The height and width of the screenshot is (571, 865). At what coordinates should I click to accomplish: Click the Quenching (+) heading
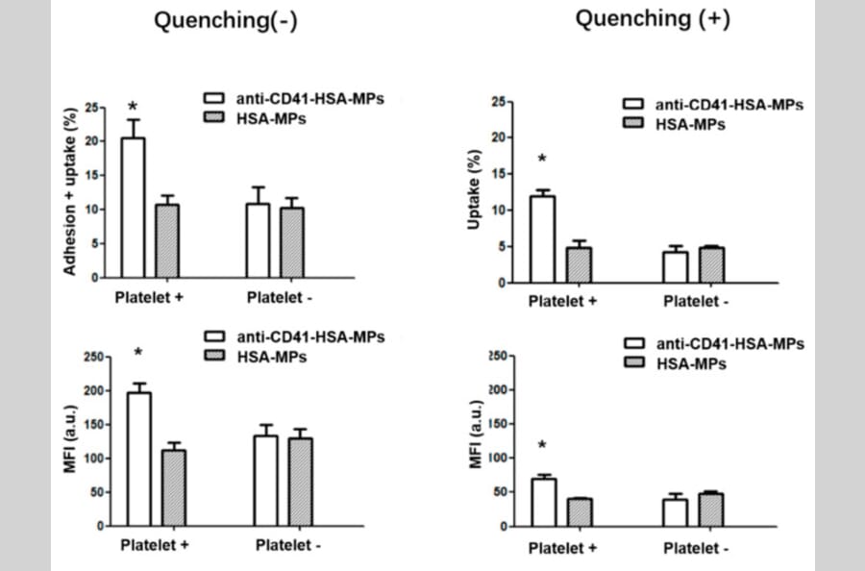click(x=653, y=20)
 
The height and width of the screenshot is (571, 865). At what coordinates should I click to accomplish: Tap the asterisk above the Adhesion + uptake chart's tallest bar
click(x=133, y=107)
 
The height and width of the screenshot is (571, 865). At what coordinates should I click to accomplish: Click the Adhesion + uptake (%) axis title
click(x=69, y=191)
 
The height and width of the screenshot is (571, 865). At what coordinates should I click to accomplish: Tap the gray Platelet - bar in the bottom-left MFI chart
click(x=301, y=482)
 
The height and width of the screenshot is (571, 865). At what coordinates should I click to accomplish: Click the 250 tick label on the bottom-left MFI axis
click(x=92, y=358)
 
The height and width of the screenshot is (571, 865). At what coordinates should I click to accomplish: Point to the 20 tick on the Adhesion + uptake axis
click(x=91, y=141)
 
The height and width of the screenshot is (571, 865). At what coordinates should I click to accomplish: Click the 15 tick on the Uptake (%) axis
click(x=499, y=174)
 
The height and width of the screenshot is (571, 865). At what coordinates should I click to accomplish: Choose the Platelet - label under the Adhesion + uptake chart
click(x=280, y=297)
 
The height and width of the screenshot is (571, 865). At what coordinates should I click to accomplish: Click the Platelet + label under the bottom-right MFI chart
click(x=562, y=548)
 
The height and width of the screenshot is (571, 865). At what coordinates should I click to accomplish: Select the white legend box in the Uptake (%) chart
click(x=634, y=105)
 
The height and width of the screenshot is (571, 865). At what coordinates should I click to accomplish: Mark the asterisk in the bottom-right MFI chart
click(x=543, y=446)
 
